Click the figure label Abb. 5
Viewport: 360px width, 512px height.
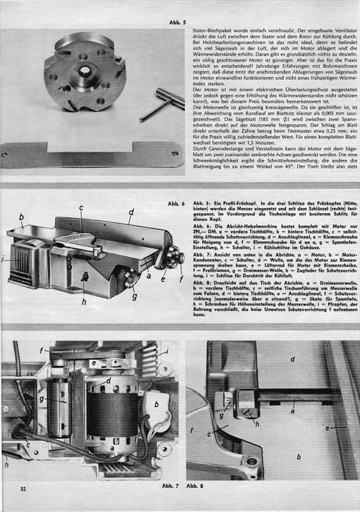(x=178, y=22)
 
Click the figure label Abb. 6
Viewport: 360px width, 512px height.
(x=176, y=204)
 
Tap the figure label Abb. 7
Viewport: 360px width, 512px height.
(x=170, y=486)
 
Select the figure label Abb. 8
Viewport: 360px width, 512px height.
(x=195, y=486)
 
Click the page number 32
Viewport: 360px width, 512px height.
(x=23, y=489)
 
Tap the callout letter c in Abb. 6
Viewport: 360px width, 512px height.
(x=81, y=207)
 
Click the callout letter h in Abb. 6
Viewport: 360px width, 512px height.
(x=84, y=301)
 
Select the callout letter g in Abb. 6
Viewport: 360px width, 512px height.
(x=134, y=296)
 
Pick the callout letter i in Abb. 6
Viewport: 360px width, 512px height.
(x=3, y=260)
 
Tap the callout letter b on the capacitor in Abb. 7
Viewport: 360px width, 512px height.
(x=156, y=404)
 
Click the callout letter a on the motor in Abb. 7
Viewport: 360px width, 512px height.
(x=113, y=449)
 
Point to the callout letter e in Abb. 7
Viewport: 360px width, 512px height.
(x=93, y=363)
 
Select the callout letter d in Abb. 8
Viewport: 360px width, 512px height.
(x=292, y=359)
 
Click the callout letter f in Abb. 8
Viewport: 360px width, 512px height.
(x=192, y=430)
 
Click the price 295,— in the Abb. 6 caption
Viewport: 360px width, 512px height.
(x=200, y=231)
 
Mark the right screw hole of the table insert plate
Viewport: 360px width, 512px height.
(x=175, y=153)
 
